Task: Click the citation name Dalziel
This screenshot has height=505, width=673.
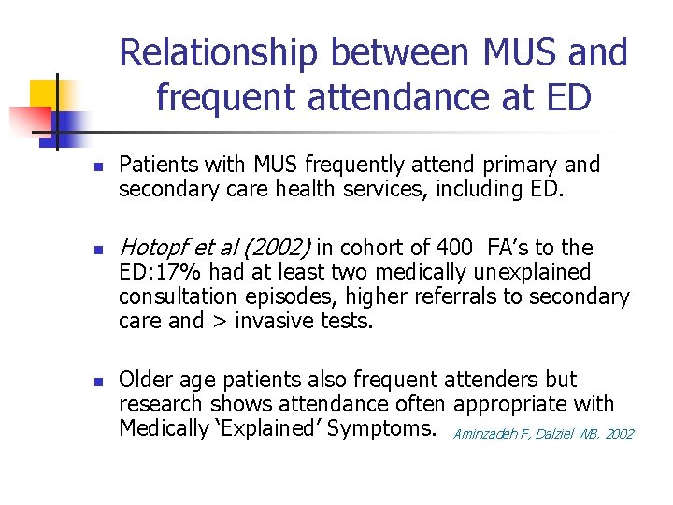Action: pyautogui.click(x=557, y=434)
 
